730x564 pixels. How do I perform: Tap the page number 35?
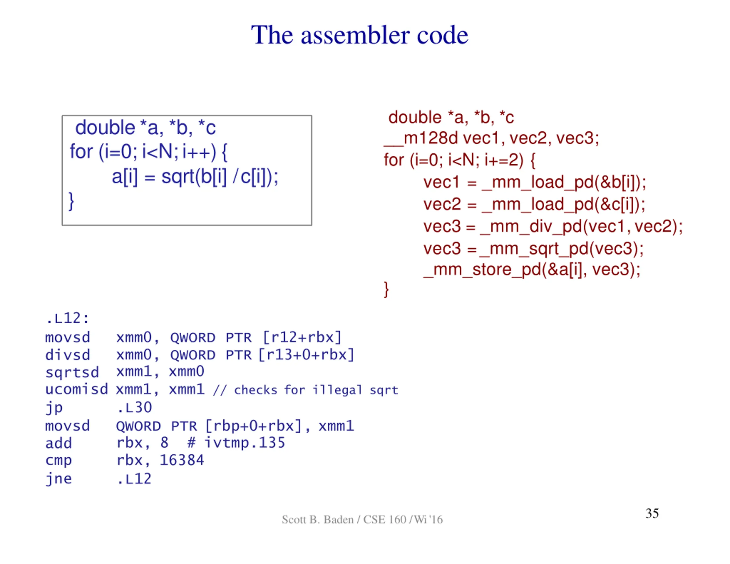click(x=652, y=513)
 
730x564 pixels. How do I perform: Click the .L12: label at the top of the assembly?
click(x=68, y=318)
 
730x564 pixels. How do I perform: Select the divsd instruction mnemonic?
click(x=68, y=355)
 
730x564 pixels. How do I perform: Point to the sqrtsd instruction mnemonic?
click(x=72, y=372)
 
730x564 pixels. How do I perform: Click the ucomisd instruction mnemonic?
click(x=76, y=389)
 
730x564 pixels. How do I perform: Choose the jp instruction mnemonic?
click(x=54, y=408)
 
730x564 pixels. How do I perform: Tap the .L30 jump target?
click(x=134, y=408)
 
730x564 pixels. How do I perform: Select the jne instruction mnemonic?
click(x=59, y=479)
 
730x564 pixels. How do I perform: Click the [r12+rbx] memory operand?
click(x=302, y=338)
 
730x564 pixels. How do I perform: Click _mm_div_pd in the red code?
click(x=531, y=227)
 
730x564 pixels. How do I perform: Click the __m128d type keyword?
click(x=421, y=138)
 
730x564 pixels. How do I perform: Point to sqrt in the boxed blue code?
click(x=178, y=176)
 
